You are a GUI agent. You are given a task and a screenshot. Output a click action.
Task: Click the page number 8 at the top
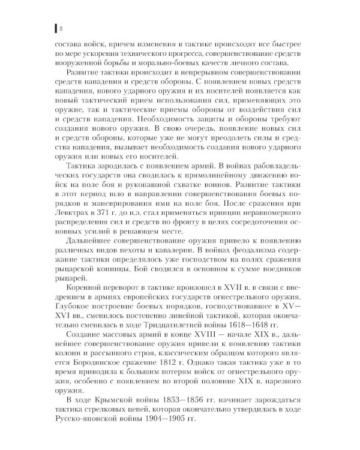[x=61, y=28]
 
